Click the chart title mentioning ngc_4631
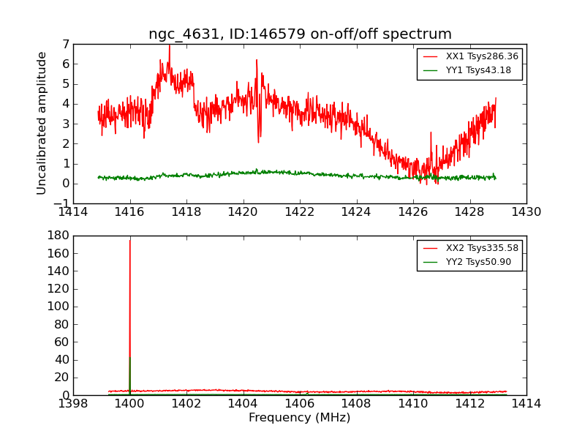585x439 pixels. click(300, 34)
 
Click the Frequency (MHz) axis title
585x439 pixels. click(300, 418)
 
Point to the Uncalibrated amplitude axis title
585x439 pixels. click(42, 123)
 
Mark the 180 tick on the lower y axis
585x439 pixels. click(60, 236)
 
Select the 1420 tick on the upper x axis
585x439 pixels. click(243, 212)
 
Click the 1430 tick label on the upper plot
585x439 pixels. click(526, 212)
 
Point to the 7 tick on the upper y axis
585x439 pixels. click(66, 44)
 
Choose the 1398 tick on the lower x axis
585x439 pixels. click(73, 404)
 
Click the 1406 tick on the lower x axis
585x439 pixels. click(300, 404)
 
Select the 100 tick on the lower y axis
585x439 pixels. click(60, 307)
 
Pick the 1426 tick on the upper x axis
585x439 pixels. click(413, 212)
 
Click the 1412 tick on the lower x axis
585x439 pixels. click(469, 404)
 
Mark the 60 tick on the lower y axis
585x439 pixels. click(63, 342)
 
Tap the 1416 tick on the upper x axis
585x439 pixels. click(130, 212)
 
